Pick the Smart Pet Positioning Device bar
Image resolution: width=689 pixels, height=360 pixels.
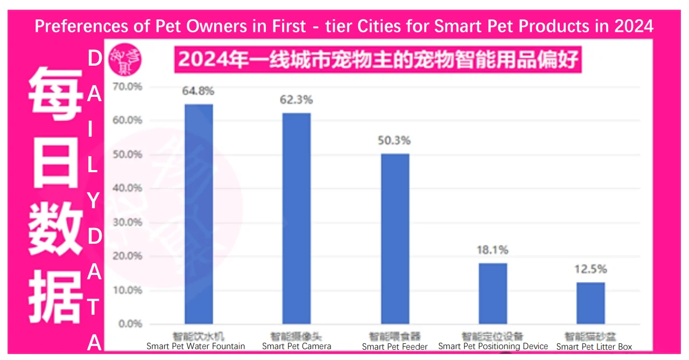[493, 293]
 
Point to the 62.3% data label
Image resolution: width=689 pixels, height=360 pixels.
[296, 100]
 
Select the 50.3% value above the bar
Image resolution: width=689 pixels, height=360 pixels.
[395, 140]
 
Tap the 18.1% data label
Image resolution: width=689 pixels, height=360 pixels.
[493, 250]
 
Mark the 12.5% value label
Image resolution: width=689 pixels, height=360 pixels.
[590, 269]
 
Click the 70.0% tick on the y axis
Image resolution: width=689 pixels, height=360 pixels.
[127, 86]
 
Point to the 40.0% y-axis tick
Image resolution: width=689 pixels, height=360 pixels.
[127, 188]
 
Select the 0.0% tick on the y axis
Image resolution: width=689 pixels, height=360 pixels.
[130, 324]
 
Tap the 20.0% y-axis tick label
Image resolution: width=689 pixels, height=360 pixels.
[127, 256]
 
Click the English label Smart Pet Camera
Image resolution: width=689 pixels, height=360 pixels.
[297, 346]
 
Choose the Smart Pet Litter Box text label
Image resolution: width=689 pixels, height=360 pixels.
[594, 347]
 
